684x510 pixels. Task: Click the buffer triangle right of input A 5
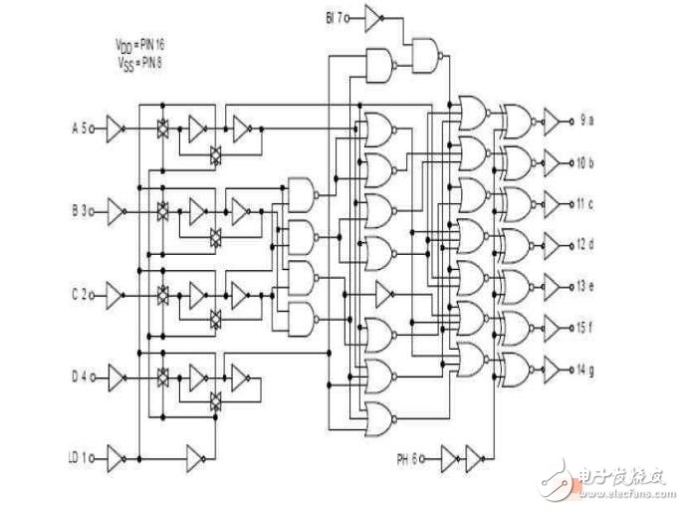115,127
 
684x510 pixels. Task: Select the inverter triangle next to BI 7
373,17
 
